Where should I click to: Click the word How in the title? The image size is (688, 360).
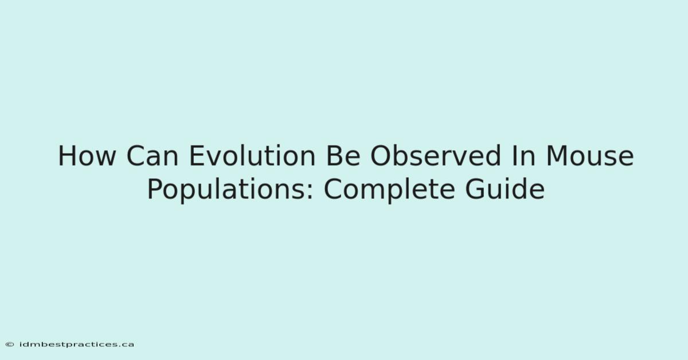[x=87, y=156]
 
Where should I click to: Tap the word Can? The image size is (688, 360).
[x=153, y=156]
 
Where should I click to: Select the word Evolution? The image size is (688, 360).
[x=252, y=155]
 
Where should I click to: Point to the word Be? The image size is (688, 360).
[x=343, y=156]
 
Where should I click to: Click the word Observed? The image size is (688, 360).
[x=436, y=155]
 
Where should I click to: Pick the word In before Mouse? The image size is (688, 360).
[x=523, y=156]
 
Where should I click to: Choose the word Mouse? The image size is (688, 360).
[x=590, y=156]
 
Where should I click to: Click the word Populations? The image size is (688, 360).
[x=226, y=190]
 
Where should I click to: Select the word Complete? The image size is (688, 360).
[x=389, y=190]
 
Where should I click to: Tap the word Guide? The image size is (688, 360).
[x=505, y=188]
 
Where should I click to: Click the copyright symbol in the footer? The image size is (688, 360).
[x=10, y=345]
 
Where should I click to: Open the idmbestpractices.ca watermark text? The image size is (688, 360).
[x=76, y=345]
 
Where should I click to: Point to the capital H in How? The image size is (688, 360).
[x=67, y=156]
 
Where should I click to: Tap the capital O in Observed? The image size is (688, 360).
[x=381, y=156]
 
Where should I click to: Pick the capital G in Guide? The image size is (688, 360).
[x=475, y=188]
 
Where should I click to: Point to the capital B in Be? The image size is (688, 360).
[x=333, y=156]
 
